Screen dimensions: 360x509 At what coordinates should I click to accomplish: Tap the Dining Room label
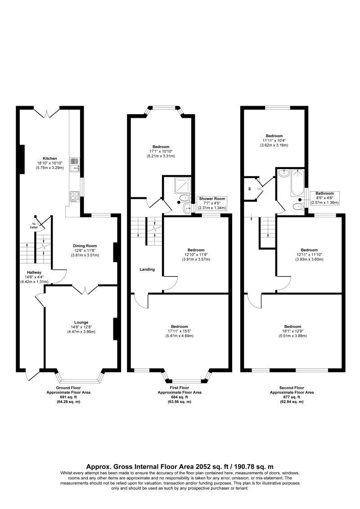click(x=85, y=246)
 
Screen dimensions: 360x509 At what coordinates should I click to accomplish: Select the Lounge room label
click(x=81, y=322)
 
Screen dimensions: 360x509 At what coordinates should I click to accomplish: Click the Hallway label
click(x=34, y=272)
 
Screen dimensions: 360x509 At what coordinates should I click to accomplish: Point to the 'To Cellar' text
click(x=34, y=226)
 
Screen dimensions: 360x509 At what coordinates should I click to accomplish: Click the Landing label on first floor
click(x=147, y=269)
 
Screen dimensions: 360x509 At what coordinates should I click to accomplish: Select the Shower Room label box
click(x=212, y=203)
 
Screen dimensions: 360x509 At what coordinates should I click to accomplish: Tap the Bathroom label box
click(x=324, y=198)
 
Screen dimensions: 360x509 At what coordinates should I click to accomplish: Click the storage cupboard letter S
click(x=250, y=188)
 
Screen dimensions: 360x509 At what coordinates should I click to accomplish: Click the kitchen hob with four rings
click(x=74, y=196)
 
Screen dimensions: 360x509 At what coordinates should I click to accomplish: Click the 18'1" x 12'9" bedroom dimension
click(x=292, y=331)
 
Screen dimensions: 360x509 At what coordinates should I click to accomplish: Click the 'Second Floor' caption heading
click(x=292, y=388)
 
